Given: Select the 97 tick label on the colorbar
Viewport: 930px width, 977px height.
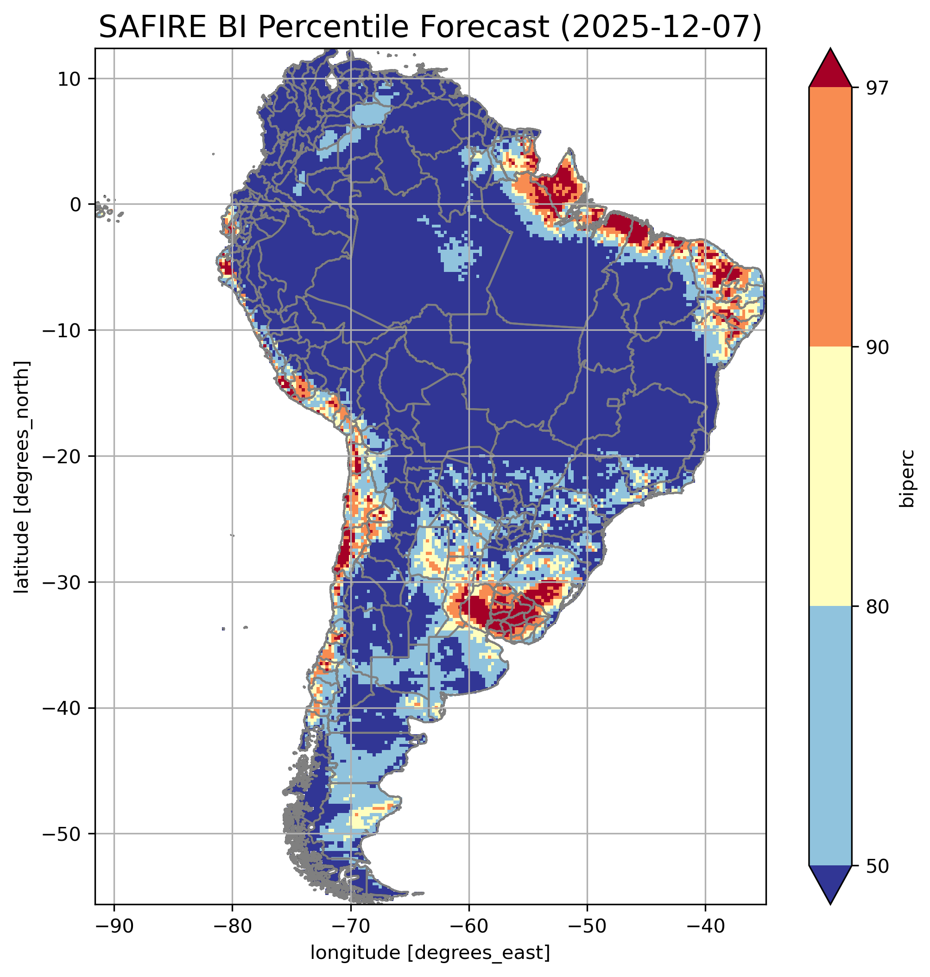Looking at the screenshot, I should [x=876, y=87].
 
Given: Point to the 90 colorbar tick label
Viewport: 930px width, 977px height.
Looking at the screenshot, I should [x=876, y=347].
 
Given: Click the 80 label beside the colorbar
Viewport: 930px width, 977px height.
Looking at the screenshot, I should [x=876, y=606].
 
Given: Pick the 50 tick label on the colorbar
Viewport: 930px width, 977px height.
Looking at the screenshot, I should [x=876, y=866].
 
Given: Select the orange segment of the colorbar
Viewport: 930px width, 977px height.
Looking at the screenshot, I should [x=830, y=217].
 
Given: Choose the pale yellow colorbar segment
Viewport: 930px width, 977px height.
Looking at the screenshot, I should [x=830, y=476].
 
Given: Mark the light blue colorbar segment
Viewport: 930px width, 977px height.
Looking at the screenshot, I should [x=830, y=736].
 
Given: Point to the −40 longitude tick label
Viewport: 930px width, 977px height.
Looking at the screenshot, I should [x=705, y=926].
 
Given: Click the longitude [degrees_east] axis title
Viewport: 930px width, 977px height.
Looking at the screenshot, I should [x=430, y=952].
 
